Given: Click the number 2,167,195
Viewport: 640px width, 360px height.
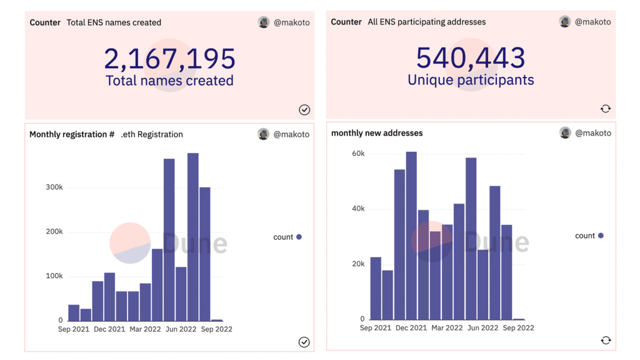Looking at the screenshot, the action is point(169,59).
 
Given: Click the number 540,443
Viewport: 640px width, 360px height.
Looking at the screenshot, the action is point(471,57).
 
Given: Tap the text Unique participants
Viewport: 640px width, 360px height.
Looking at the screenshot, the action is point(471,80).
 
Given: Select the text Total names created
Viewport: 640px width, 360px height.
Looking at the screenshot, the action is point(169,81).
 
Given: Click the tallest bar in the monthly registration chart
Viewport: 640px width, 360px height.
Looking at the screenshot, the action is point(192,237).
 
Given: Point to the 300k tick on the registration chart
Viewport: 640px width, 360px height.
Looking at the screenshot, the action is point(54,187).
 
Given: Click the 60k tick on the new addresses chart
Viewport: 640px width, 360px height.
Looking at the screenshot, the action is point(358,153).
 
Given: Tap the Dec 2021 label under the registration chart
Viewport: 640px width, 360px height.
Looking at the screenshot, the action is point(109,329).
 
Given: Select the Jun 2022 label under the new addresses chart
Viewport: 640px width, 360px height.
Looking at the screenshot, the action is point(482,328).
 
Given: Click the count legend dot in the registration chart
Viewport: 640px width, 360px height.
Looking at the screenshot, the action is point(299,237).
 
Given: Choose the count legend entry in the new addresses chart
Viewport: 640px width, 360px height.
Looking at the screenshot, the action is point(589,236).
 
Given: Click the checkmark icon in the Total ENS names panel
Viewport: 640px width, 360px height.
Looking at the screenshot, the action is point(304,110).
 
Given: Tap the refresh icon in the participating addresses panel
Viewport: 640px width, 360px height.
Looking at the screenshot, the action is point(605,109).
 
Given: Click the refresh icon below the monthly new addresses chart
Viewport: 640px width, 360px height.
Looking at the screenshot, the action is point(605,341).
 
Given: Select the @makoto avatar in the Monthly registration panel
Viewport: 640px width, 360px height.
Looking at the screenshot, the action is point(264,134).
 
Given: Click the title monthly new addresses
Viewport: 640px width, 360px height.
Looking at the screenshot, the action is point(377,133).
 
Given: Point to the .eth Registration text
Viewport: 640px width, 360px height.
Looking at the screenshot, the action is point(152,134).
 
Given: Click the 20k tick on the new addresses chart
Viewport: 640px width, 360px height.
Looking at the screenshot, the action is point(358,264).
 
